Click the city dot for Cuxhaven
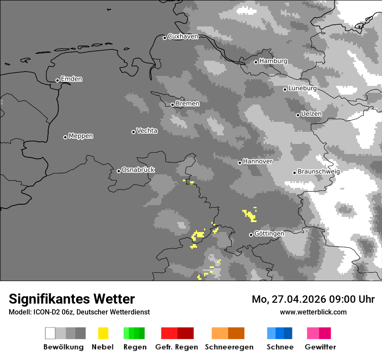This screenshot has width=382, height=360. point(165,38)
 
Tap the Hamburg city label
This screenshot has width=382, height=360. point(273,61)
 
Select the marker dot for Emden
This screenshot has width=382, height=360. point(57,80)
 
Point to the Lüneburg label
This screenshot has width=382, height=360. point(302,88)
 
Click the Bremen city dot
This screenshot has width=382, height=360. point(172,105)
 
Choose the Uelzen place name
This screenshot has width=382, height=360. point(311,114)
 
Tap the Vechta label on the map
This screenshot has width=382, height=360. point(147,131)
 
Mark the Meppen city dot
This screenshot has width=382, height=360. point(65,137)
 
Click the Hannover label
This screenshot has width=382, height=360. point(257,161)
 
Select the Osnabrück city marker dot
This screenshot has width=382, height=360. point(119,171)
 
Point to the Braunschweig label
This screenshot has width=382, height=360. point(319,171)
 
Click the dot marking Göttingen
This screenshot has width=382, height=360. point(251,235)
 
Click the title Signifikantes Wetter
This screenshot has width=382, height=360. point(72,299)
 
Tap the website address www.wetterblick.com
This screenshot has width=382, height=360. point(313,312)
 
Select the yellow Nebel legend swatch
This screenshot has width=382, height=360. point(103,333)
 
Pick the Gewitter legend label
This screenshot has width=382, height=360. point(320,347)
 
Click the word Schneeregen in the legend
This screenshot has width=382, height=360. point(229,347)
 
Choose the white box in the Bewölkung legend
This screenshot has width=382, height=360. point(50,333)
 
